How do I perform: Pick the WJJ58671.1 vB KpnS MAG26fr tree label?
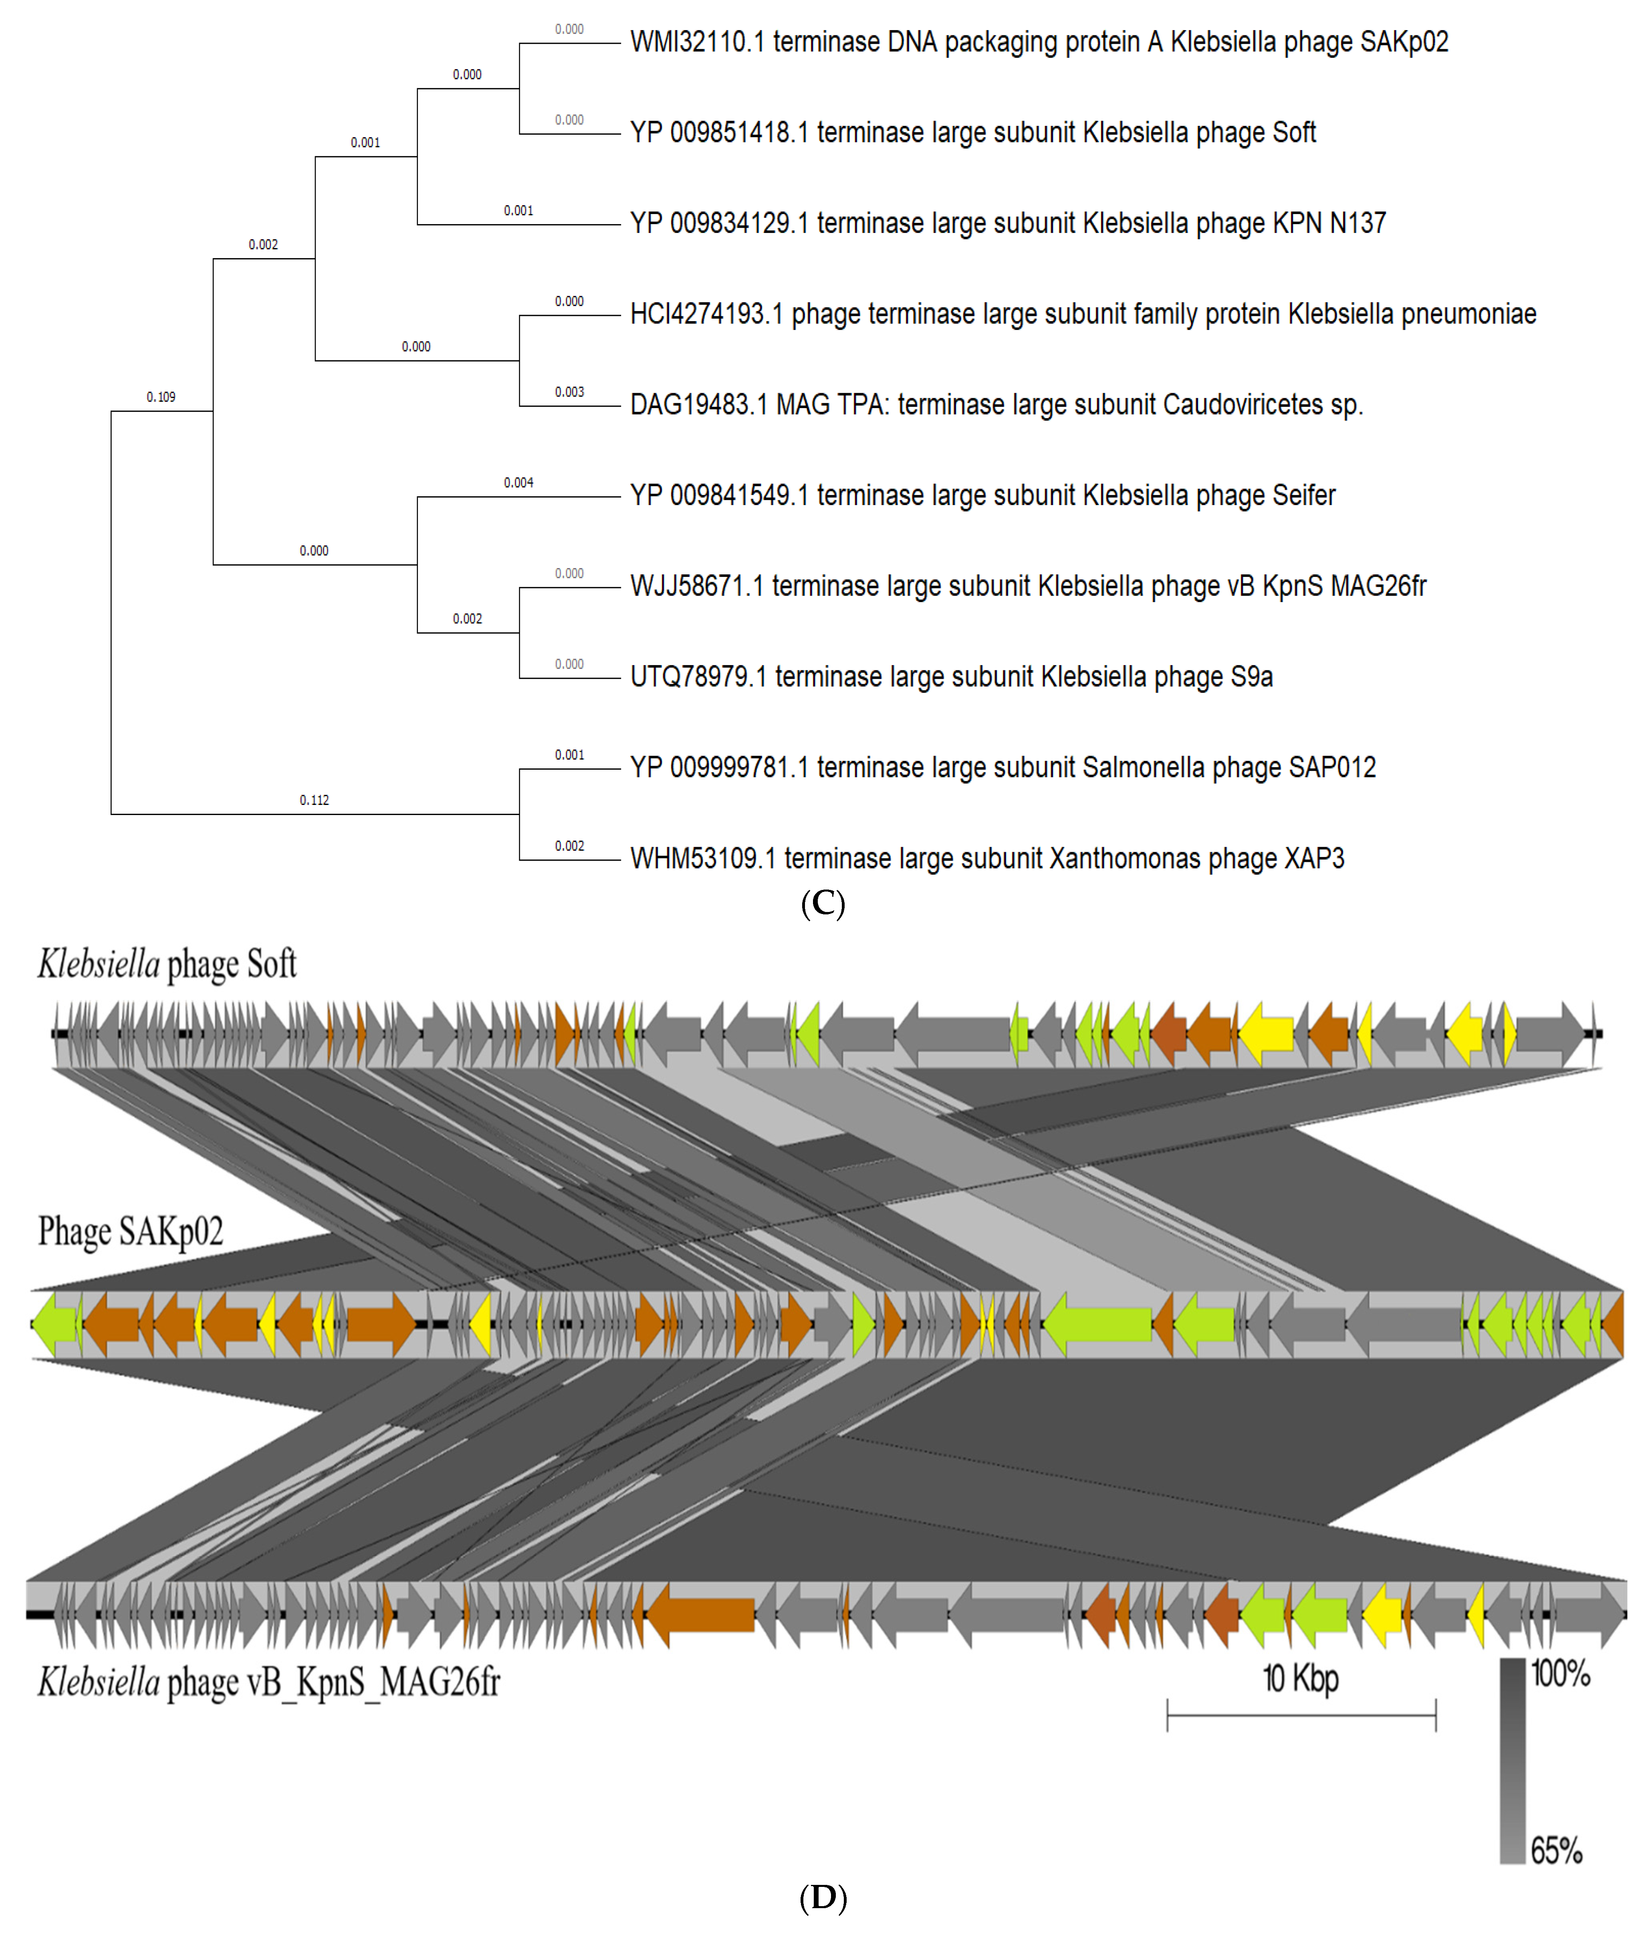[x=1028, y=586]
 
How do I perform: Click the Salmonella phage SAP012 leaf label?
[x=1003, y=767]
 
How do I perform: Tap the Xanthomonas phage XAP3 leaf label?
[x=986, y=858]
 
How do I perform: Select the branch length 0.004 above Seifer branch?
[x=518, y=482]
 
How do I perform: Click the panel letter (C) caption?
[x=823, y=903]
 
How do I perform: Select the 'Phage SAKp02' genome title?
[x=131, y=1231]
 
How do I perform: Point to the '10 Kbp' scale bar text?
[x=1300, y=1678]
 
